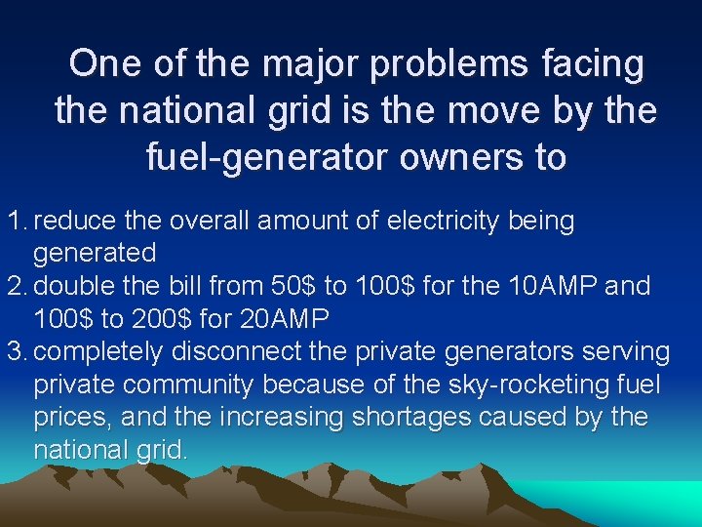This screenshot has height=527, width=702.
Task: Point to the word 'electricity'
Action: click(x=444, y=221)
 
